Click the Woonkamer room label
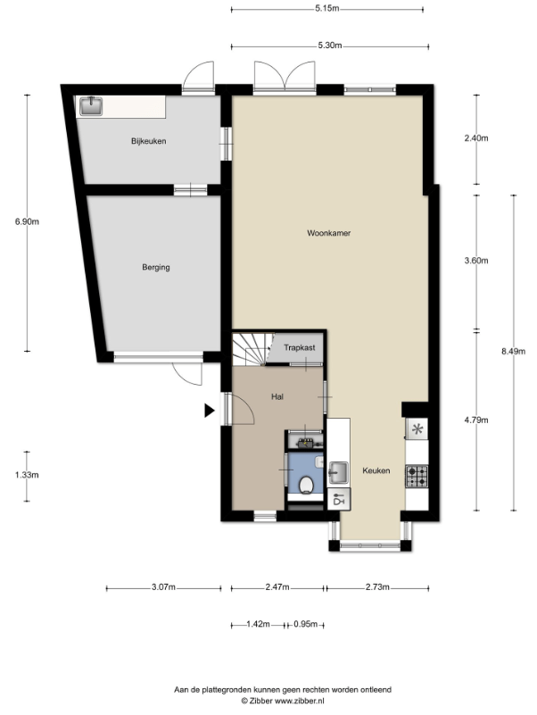click(x=328, y=233)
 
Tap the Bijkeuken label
click(x=149, y=141)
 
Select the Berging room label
click(x=156, y=267)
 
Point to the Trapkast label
click(x=300, y=347)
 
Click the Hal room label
click(x=277, y=396)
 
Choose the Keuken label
click(x=376, y=470)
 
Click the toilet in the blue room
click(x=306, y=485)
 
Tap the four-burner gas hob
click(x=417, y=476)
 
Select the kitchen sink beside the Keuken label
click(x=338, y=472)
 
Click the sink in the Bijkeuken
click(x=91, y=106)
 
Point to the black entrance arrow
click(x=210, y=411)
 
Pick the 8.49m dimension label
click(x=513, y=351)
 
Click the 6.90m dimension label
click(x=27, y=222)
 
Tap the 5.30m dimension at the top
click(x=330, y=46)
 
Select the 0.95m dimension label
click(x=305, y=624)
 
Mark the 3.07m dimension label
click(x=163, y=587)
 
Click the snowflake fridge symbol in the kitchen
click(x=417, y=429)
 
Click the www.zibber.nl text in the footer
click(x=300, y=701)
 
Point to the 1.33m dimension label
click(x=27, y=475)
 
